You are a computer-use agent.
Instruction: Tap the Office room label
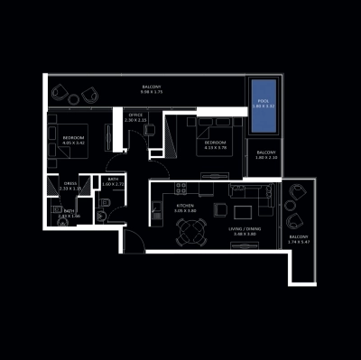coord(136,115)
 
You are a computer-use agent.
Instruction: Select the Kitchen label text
coord(185,207)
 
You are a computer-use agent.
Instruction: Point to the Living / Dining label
coord(242,230)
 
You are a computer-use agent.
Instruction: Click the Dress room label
coord(69,183)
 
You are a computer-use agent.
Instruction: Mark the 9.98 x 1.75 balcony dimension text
coord(151,92)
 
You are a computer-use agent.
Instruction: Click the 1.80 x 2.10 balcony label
coord(266,158)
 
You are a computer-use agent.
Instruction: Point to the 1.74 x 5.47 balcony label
coord(297,245)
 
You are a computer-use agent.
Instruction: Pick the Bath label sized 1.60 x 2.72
coord(113,184)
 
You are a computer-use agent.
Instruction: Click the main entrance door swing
coord(132,239)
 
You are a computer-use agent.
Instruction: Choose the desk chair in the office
coord(150,130)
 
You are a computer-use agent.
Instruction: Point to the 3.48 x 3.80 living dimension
coord(242,235)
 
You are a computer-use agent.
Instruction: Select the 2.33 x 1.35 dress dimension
coord(69,189)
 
